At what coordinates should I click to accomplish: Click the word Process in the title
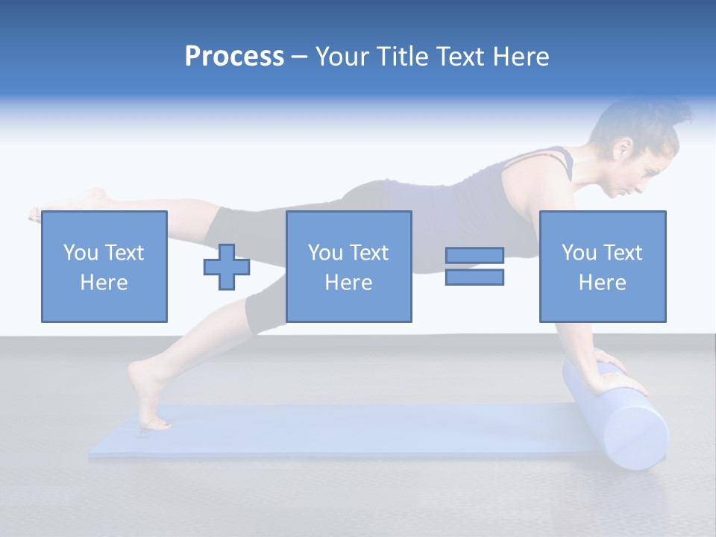point(234,57)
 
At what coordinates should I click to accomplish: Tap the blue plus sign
point(227,267)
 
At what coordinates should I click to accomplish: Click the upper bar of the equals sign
point(474,256)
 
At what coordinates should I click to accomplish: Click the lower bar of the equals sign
point(474,277)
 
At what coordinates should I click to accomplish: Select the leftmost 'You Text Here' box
point(104,266)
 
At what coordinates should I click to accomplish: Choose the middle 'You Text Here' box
point(348,266)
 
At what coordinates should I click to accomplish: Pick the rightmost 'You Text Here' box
point(602,266)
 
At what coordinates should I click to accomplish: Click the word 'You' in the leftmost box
point(79,253)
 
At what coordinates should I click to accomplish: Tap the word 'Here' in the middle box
point(348,283)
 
